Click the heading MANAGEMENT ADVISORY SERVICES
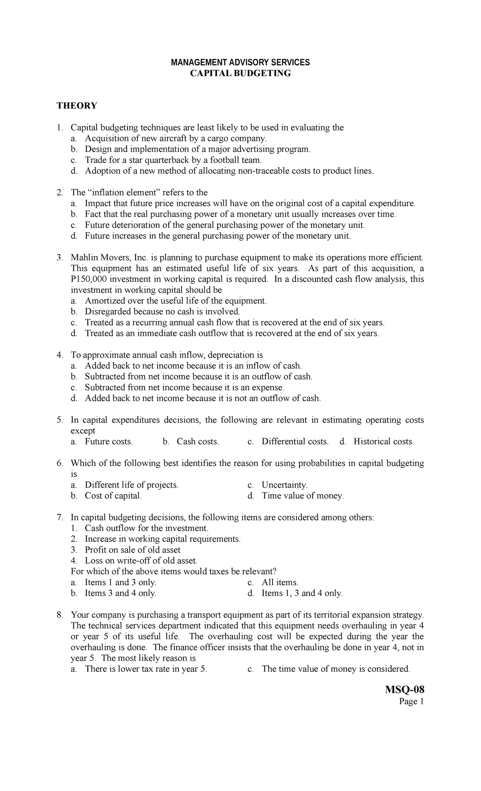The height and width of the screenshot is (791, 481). [240, 62]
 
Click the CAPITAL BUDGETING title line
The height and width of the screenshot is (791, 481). [240, 73]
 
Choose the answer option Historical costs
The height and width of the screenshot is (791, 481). [383, 442]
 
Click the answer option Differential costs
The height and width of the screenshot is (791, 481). [295, 442]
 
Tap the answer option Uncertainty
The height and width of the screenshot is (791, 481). [285, 485]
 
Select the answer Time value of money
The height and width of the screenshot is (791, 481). [303, 496]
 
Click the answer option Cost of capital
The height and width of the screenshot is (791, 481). [113, 496]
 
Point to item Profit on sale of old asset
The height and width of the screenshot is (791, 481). [132, 550]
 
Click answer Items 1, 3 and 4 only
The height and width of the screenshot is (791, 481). [302, 593]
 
